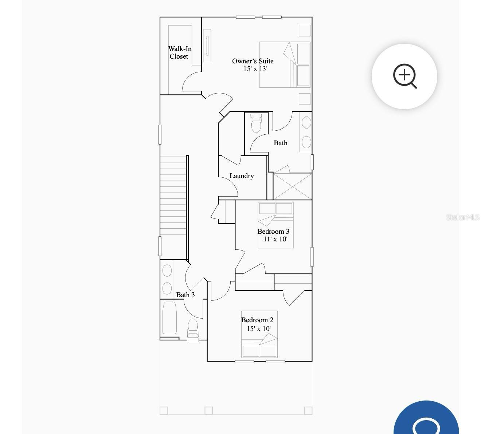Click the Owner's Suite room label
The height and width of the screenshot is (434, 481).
(x=253, y=61)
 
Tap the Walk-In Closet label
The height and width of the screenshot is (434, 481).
(x=180, y=52)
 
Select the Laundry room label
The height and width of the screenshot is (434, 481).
(x=242, y=176)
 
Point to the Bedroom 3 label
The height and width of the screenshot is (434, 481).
(x=273, y=232)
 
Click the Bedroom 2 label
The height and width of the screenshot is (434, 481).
(x=257, y=320)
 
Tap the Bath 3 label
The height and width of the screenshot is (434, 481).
(x=185, y=295)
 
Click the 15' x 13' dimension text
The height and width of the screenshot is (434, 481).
(x=255, y=69)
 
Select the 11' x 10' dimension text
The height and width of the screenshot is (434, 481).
(x=275, y=239)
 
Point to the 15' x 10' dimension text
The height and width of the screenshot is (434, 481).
(x=259, y=329)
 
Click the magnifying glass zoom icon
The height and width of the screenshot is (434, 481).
(x=404, y=76)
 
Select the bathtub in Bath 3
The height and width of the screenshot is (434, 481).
(x=169, y=318)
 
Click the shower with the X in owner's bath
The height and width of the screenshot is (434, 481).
(x=293, y=186)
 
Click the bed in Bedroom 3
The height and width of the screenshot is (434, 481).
(x=275, y=225)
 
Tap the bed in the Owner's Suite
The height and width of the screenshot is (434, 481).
(x=285, y=65)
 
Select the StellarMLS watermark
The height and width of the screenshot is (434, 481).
(x=463, y=217)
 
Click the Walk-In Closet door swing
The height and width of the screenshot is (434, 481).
(x=191, y=82)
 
